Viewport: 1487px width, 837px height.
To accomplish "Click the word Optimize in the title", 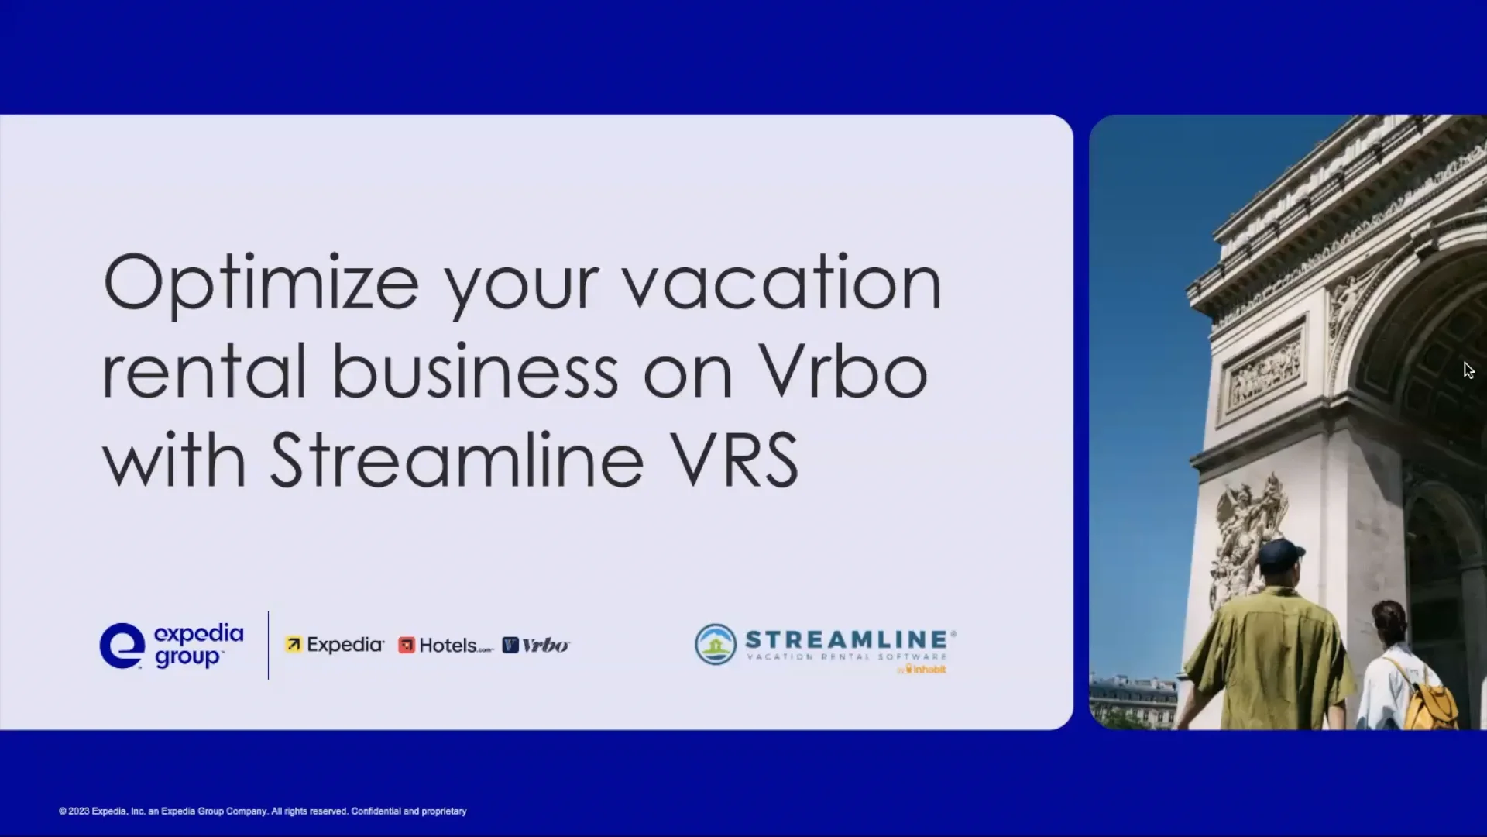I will tap(261, 284).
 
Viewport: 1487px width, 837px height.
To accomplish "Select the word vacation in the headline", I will tap(781, 283).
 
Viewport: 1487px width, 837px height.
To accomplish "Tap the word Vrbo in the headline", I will tap(843, 372).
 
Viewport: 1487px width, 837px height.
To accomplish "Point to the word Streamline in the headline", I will tap(457, 460).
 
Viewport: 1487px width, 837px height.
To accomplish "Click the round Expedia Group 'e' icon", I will tap(122, 646).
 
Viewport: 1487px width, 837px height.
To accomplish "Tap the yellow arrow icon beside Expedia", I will tap(294, 645).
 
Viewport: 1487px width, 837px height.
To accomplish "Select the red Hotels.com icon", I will tap(406, 646).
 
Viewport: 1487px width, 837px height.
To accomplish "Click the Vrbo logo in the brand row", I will tap(536, 646).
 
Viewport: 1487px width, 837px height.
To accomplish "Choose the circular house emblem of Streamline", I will tap(715, 645).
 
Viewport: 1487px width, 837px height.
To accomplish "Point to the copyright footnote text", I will tap(263, 811).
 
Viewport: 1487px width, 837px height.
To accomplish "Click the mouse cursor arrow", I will tap(1468, 370).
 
